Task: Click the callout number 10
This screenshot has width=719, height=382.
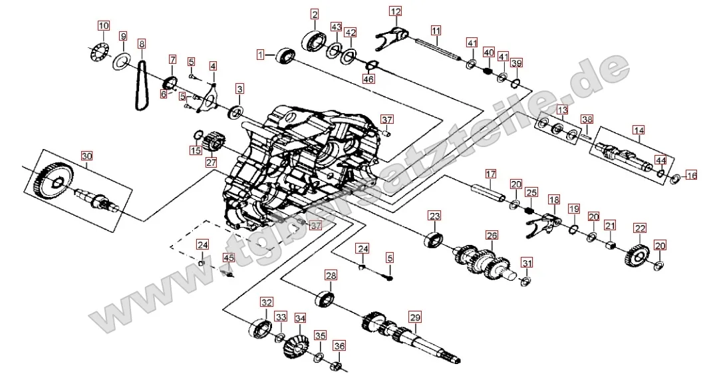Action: [103, 26]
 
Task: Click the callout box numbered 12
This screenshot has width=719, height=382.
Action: [396, 11]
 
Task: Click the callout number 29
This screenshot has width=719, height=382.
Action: [415, 317]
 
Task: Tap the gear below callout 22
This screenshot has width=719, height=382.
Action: [638, 256]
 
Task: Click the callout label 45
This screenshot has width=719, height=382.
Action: [229, 258]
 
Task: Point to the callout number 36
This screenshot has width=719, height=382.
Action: [340, 345]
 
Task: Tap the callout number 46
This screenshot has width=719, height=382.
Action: [368, 79]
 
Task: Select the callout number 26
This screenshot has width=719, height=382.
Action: [492, 235]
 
